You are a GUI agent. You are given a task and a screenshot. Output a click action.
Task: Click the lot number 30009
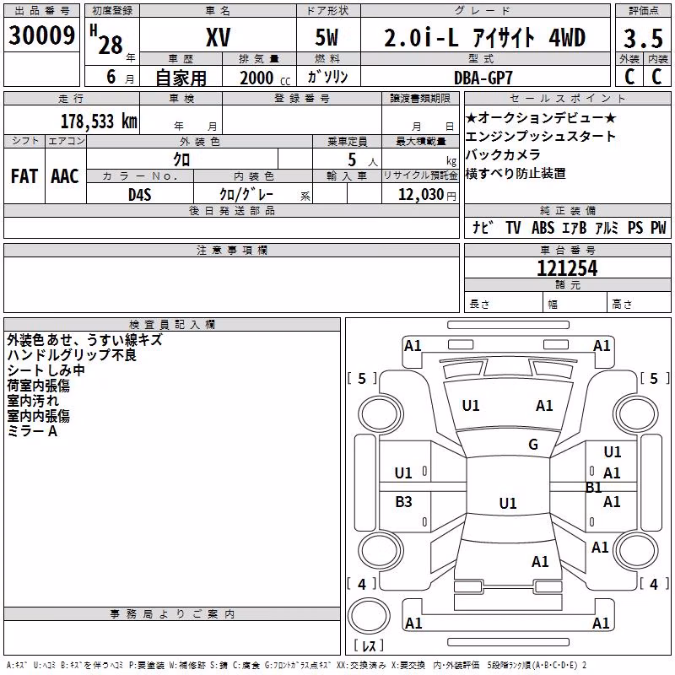pyautogui.click(x=41, y=35)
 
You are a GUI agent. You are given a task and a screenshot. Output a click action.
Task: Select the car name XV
pyautogui.click(x=219, y=37)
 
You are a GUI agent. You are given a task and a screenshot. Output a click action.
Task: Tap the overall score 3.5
pyautogui.click(x=643, y=39)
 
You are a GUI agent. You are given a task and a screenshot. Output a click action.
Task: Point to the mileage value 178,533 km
pyautogui.click(x=99, y=121)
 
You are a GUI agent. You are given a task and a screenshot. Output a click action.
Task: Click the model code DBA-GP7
pyautogui.click(x=483, y=78)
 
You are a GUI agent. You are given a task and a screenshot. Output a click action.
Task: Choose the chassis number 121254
pyautogui.click(x=567, y=268)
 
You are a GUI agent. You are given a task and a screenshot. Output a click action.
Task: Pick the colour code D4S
pyautogui.click(x=140, y=195)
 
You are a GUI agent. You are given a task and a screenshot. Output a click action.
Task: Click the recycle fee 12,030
pyautogui.click(x=421, y=195)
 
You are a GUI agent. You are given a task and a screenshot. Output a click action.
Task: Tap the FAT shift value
pyautogui.click(x=24, y=176)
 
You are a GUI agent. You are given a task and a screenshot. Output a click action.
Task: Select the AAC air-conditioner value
pyautogui.click(x=65, y=176)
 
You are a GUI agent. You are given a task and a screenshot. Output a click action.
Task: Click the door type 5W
pyautogui.click(x=327, y=37)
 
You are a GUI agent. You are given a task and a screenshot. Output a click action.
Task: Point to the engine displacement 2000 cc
pyautogui.click(x=265, y=78)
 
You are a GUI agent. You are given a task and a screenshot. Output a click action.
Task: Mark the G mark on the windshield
pyautogui.click(x=533, y=444)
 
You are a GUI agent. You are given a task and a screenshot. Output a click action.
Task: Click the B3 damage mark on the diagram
pyautogui.click(x=403, y=501)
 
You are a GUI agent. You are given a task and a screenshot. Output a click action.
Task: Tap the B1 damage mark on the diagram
pyautogui.click(x=593, y=488)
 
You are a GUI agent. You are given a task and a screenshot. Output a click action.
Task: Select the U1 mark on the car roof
pyautogui.click(x=508, y=503)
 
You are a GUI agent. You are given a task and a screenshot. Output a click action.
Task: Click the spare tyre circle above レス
pyautogui.click(x=369, y=616)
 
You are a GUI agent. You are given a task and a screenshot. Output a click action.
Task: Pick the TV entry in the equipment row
pyautogui.click(x=513, y=227)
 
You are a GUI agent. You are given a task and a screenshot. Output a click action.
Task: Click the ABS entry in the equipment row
pyautogui.click(x=543, y=227)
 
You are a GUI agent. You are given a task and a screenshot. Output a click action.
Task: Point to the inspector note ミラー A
pyautogui.click(x=32, y=431)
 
